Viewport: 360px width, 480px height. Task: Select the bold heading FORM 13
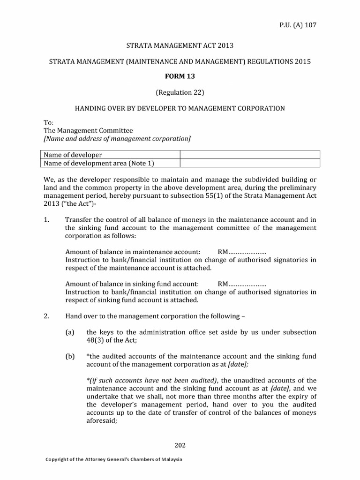[x=180, y=77]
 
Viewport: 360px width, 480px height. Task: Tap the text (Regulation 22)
[x=180, y=92]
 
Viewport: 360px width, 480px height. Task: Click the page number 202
[x=180, y=445]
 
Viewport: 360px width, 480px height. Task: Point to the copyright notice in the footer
[x=113, y=459]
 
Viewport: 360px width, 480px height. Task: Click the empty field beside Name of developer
[x=250, y=155]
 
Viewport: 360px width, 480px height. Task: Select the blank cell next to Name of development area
[x=250, y=163]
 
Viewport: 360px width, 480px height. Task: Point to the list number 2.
[x=46, y=316]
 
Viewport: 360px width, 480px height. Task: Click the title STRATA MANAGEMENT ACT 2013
[x=180, y=45]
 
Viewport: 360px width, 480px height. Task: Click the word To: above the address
[x=48, y=122]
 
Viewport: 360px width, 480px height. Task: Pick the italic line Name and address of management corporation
[x=117, y=139]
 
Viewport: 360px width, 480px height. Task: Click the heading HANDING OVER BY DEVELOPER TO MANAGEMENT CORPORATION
[x=180, y=108]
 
